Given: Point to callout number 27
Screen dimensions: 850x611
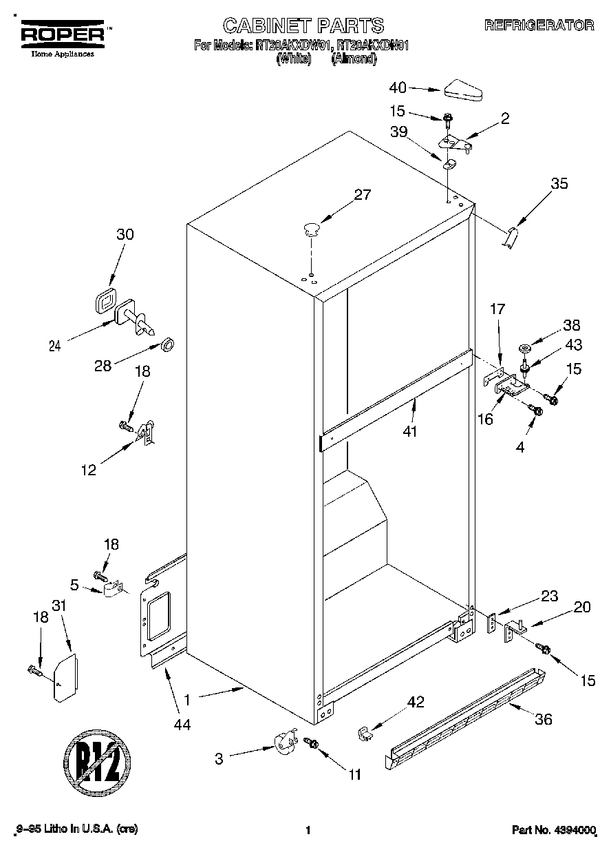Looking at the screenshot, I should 362,194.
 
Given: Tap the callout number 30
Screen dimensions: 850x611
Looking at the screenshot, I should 125,234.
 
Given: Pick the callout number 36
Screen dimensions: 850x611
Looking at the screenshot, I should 543,720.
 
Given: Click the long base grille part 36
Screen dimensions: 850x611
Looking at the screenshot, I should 465,716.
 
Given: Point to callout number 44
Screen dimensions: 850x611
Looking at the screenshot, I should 182,724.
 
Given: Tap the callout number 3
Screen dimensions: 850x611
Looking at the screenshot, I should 219,759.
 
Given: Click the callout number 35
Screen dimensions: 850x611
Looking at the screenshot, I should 560,183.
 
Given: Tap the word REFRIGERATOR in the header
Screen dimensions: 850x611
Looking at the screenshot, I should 539,25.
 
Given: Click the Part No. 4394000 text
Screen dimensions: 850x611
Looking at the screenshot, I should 553,831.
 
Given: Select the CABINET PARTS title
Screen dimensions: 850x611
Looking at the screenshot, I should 303,25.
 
